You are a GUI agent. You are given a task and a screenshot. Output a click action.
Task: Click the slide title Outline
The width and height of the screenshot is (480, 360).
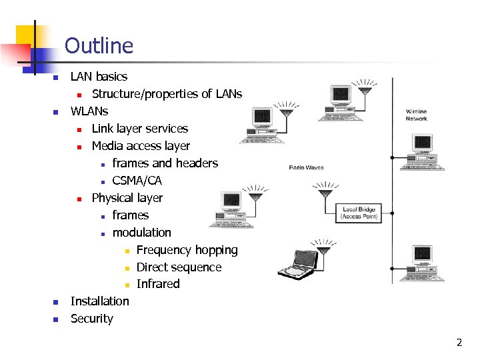pyautogui.click(x=99, y=45)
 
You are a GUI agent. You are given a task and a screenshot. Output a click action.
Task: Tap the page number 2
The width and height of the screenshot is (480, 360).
pyautogui.click(x=459, y=343)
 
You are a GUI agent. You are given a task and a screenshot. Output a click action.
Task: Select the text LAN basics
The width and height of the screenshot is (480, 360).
pyautogui.click(x=99, y=77)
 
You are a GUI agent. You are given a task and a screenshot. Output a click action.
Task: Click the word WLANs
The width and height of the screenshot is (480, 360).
pyautogui.click(x=89, y=111)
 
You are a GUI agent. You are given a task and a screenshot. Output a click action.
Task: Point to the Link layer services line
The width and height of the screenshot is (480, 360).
pyautogui.click(x=139, y=129)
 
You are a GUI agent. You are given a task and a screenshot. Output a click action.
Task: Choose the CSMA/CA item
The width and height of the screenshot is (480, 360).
pyautogui.click(x=137, y=181)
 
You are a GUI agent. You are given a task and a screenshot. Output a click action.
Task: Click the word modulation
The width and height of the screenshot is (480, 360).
pyautogui.click(x=141, y=233)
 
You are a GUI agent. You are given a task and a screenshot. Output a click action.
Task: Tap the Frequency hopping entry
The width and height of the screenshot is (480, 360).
pyautogui.click(x=187, y=250)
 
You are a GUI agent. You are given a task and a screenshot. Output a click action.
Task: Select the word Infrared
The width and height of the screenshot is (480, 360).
pyautogui.click(x=158, y=284)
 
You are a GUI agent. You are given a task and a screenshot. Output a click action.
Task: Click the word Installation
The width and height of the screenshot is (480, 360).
pyautogui.click(x=99, y=301)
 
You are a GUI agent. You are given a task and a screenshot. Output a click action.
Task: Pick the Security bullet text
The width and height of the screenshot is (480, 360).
pyautogui.click(x=91, y=319)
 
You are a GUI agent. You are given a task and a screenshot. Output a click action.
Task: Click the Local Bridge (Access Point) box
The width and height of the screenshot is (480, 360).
pyautogui.click(x=359, y=213)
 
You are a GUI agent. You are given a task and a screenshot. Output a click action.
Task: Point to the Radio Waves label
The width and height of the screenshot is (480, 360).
pyautogui.click(x=306, y=167)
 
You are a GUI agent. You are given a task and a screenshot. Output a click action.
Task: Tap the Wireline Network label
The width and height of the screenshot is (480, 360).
pyautogui.click(x=417, y=115)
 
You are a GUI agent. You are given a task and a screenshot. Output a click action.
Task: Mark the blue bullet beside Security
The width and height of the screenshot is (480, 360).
pyautogui.click(x=55, y=319)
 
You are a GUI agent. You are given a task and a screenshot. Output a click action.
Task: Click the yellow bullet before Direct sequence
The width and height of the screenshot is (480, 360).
pyautogui.click(x=127, y=268)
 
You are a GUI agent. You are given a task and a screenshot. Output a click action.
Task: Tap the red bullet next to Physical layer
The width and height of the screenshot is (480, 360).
pyautogui.click(x=79, y=199)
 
